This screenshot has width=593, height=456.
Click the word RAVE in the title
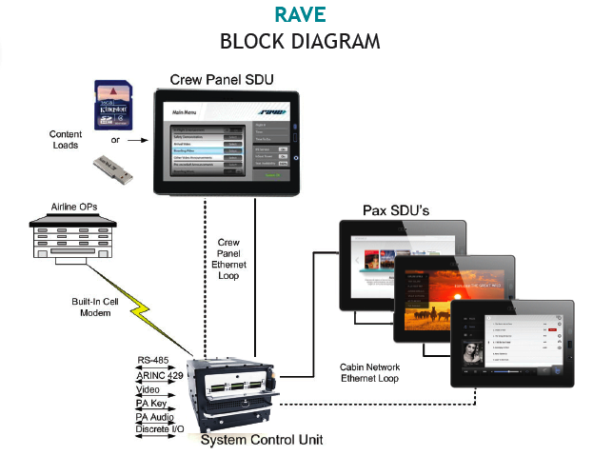300,16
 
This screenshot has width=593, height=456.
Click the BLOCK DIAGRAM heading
300,42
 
